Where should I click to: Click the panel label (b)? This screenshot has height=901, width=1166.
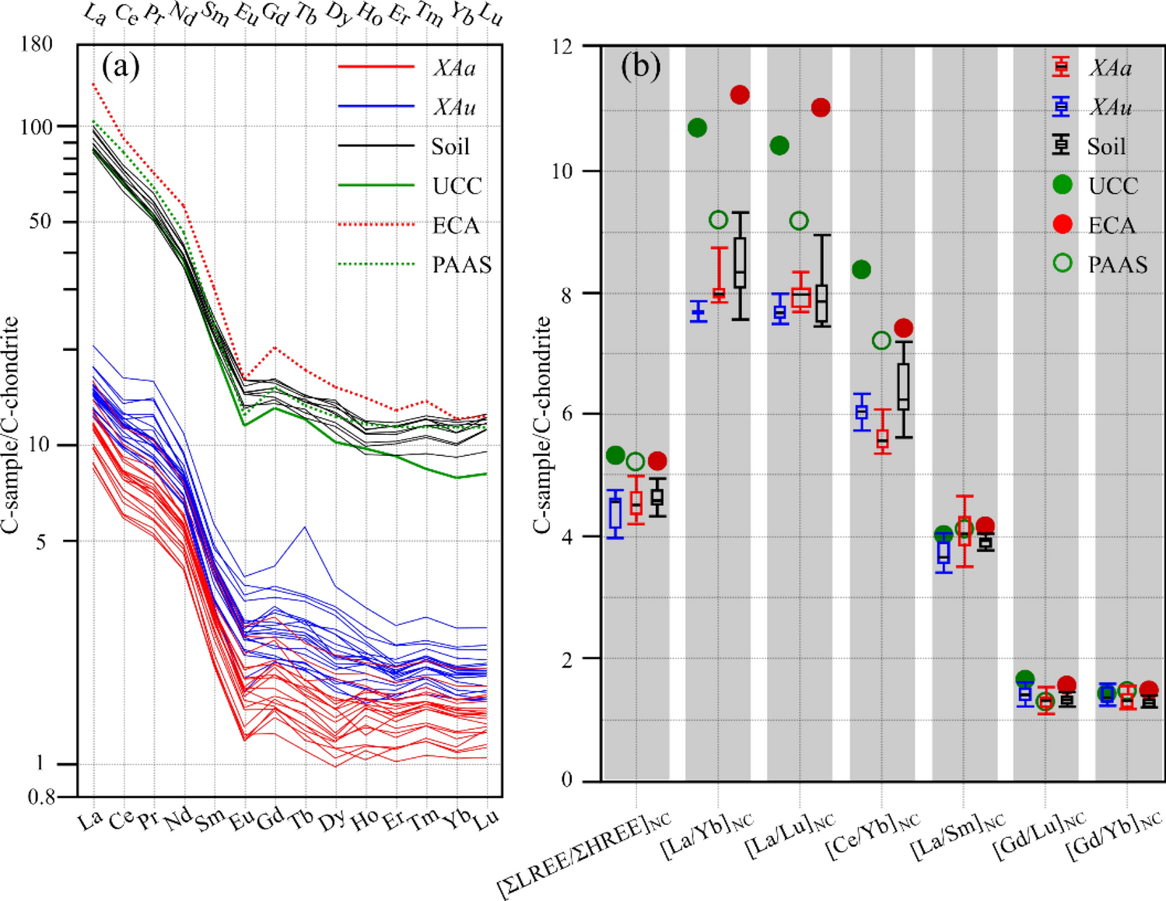(640, 67)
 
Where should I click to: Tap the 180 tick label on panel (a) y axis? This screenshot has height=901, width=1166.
(37, 44)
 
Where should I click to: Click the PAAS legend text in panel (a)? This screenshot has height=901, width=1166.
(462, 265)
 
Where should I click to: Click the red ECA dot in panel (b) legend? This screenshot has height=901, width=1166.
(1062, 224)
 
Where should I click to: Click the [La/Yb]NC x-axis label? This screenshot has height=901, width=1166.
(708, 838)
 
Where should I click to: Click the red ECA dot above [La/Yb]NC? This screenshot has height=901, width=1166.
(739, 95)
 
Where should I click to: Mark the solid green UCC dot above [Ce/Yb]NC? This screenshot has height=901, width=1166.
(861, 270)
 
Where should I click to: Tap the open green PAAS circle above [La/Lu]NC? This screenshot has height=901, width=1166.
(799, 221)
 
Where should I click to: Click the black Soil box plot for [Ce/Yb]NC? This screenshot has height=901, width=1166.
(903, 387)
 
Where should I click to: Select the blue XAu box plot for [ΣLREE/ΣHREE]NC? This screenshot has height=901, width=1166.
(615, 514)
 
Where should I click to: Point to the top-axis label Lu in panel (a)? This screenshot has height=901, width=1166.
(491, 16)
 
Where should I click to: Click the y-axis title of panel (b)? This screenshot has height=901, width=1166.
(542, 425)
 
